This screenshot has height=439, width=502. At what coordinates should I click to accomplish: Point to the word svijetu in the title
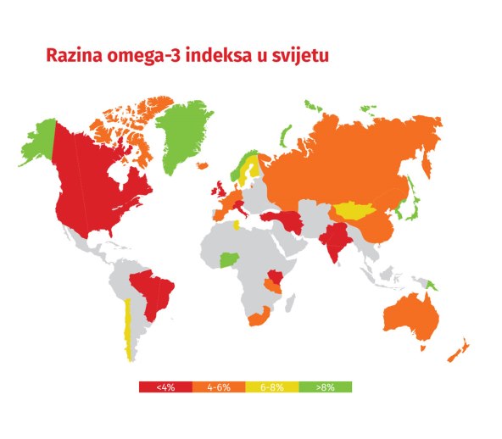[301, 56]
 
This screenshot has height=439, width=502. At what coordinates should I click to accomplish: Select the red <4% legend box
[165, 386]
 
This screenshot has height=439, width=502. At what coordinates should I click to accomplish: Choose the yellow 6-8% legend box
[271, 386]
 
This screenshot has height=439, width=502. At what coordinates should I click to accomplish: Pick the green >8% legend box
[325, 386]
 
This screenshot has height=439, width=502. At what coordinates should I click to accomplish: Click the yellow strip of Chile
[127, 326]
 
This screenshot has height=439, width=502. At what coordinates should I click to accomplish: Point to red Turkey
[279, 218]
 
